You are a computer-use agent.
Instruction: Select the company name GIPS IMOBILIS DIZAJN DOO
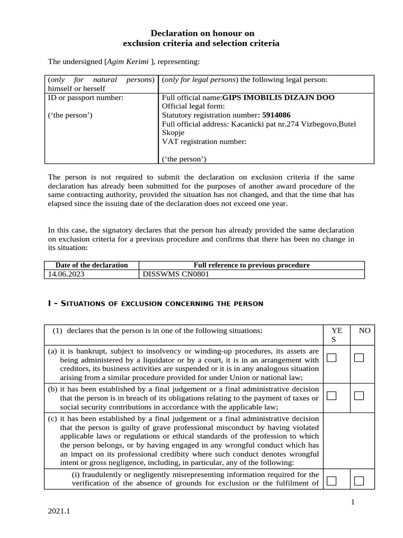tap(278, 98)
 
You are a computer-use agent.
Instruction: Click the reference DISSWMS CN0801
tap(172, 274)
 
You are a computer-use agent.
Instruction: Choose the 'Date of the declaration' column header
tap(92, 265)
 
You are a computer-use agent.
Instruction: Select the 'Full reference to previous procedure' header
tap(252, 265)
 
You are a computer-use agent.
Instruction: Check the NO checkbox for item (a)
tap(359, 358)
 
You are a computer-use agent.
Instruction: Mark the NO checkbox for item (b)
tap(359, 396)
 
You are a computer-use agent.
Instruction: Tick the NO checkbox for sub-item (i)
tap(359, 480)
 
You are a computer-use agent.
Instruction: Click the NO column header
tap(364, 331)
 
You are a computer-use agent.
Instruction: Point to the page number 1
tap(353, 502)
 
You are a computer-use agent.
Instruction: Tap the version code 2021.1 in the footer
tap(58, 511)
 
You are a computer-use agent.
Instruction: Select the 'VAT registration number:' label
tap(204, 141)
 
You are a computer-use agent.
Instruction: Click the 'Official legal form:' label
tap(194, 106)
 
